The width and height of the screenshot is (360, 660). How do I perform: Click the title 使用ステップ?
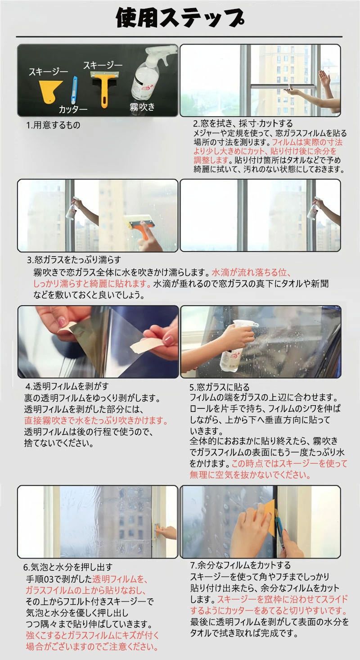[180, 18]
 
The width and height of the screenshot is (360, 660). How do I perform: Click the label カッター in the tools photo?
[73, 109]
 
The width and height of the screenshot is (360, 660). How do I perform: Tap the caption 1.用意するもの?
[53, 125]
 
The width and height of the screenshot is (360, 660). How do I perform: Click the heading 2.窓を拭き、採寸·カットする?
[243, 124]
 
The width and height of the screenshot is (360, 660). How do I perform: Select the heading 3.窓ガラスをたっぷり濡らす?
[74, 260]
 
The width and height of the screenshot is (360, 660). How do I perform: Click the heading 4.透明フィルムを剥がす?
[67, 386]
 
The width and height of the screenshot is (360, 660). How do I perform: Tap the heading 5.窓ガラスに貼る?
[220, 387]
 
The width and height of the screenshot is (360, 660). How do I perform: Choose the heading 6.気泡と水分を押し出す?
[68, 567]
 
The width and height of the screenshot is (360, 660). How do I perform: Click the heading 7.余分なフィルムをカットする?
[240, 565]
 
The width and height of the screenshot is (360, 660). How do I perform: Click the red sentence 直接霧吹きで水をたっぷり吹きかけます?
[96, 420]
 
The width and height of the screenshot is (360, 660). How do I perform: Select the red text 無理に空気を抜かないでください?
[250, 475]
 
